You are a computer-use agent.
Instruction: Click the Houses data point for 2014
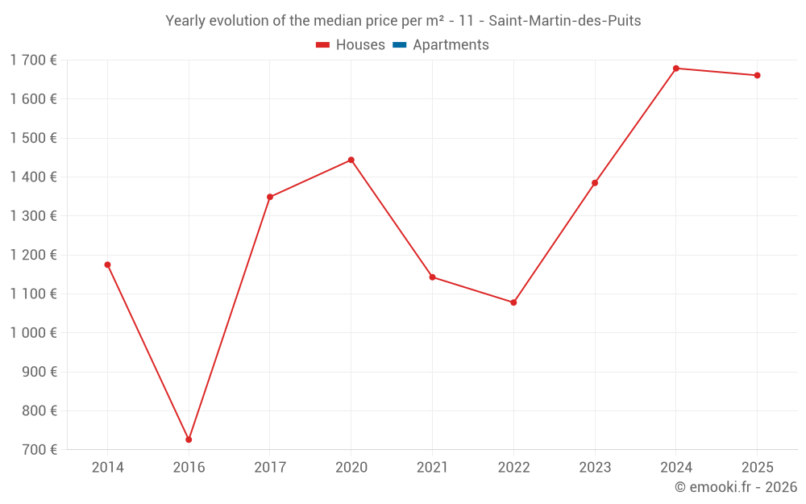(107, 264)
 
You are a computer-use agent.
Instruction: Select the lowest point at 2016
(189, 439)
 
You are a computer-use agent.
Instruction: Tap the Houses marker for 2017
(270, 197)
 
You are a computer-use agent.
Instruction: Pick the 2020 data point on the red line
(351, 160)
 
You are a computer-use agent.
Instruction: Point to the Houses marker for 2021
(432, 277)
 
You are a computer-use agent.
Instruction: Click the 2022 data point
(513, 302)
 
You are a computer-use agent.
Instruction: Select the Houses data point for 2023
(595, 183)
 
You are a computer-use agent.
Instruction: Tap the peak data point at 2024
(675, 69)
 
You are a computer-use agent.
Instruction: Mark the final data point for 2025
(757, 75)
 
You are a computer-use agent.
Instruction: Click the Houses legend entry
(351, 45)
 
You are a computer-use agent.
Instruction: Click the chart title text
(403, 21)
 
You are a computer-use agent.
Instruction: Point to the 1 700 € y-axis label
(33, 60)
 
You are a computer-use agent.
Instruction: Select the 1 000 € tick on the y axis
(33, 333)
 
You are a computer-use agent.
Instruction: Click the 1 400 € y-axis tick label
(33, 177)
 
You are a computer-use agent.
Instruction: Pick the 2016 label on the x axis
(189, 468)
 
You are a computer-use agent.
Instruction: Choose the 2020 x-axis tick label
(351, 468)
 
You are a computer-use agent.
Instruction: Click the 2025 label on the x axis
(757, 468)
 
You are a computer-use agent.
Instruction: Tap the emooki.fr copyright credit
(735, 487)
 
